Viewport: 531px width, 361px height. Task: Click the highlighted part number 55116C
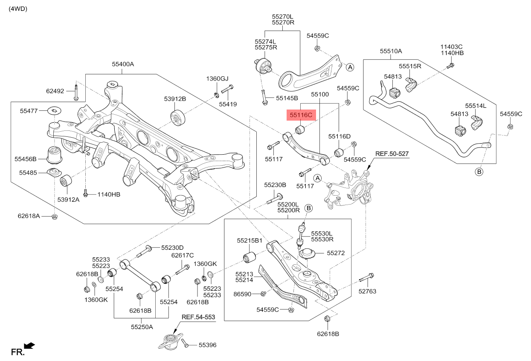click(x=301, y=115)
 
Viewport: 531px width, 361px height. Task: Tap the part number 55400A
click(x=123, y=64)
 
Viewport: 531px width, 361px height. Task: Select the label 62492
click(x=55, y=91)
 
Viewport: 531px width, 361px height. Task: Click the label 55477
click(x=29, y=111)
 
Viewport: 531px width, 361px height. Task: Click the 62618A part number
click(x=29, y=216)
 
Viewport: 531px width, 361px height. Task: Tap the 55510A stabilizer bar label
click(x=391, y=51)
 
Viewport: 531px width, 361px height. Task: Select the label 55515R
click(x=410, y=66)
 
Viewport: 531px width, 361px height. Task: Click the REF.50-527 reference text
click(x=392, y=153)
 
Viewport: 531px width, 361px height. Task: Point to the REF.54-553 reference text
click(x=198, y=317)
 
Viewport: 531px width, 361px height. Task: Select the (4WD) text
click(x=18, y=9)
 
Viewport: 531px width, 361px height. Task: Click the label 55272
click(x=336, y=253)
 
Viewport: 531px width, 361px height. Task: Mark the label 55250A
click(x=142, y=327)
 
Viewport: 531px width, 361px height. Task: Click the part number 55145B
click(x=287, y=98)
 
